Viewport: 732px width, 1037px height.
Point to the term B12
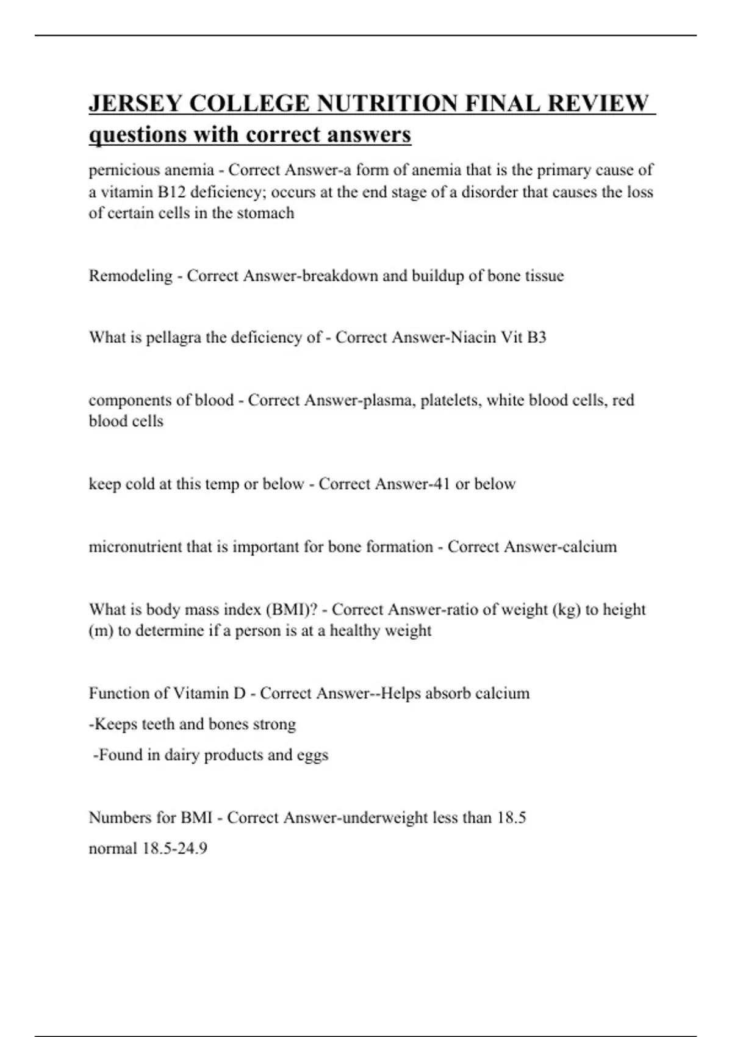[x=171, y=192]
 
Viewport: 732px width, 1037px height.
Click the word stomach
[x=266, y=213]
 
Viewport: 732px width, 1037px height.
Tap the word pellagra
[x=173, y=337]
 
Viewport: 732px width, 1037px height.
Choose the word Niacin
[x=473, y=337]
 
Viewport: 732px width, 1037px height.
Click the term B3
[x=535, y=337]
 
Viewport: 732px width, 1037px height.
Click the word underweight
[x=385, y=817]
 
